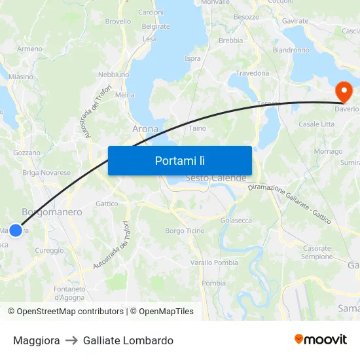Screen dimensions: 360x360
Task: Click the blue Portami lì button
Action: click(179, 160)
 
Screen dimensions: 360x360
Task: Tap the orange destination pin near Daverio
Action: click(343, 92)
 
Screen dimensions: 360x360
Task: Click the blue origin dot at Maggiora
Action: click(16, 230)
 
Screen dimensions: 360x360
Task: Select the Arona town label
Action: click(145, 129)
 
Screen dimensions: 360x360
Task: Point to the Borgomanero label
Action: click(52, 212)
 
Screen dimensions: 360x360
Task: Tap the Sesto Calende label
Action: click(216, 178)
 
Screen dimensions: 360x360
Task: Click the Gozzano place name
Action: click(27, 153)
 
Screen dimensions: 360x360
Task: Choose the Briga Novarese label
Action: click(46, 173)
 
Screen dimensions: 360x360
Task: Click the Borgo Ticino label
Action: click(185, 231)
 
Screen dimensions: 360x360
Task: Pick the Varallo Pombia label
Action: click(214, 262)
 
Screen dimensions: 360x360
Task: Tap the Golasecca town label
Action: click(236, 221)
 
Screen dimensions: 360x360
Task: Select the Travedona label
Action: click(252, 73)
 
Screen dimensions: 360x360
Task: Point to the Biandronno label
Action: click(291, 50)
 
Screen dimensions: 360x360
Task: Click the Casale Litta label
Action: click(316, 124)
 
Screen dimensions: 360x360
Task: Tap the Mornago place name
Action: click(328, 151)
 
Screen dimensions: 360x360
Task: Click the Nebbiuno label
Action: click(113, 75)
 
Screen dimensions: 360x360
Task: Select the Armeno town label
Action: click(30, 49)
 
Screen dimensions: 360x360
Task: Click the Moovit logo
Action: click(320, 340)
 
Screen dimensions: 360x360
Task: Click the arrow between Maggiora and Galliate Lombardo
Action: click(71, 340)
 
